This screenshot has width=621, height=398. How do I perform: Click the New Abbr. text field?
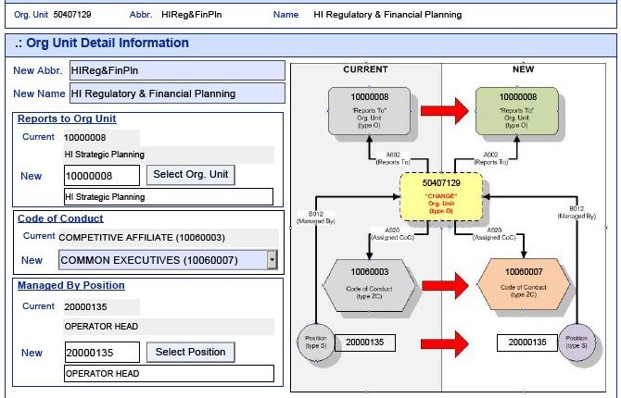coord(176,70)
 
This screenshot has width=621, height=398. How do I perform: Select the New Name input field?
coord(176,93)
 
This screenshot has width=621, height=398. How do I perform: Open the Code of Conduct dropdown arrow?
coord(272,260)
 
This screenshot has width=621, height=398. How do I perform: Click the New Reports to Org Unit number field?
coord(102,175)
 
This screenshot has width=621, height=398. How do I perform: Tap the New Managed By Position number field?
coord(102,353)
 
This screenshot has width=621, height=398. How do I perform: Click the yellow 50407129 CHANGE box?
coord(440,197)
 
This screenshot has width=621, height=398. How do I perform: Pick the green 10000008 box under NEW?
coord(517,110)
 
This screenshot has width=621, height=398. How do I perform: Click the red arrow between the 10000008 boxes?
coord(441,111)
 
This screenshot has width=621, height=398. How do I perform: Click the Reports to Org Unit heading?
coord(67,118)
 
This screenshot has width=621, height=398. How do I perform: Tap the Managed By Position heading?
coord(70,285)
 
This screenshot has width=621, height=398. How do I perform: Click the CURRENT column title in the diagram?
coord(365,69)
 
